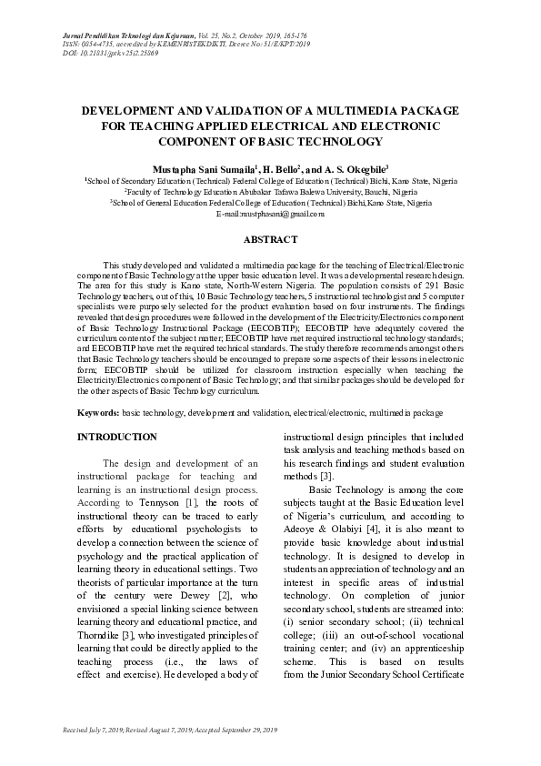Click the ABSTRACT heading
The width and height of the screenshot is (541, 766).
[270, 239]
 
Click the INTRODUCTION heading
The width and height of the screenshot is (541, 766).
[117, 437]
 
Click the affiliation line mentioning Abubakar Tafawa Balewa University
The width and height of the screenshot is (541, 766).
[270, 193]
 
